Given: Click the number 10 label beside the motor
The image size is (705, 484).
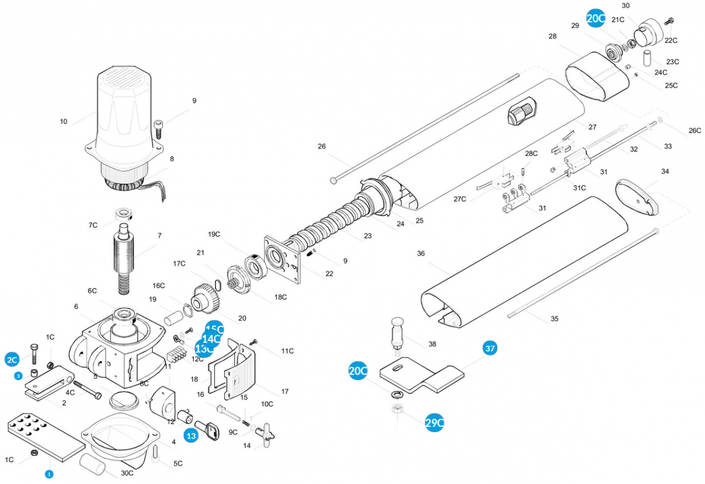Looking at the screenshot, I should pos(64,122).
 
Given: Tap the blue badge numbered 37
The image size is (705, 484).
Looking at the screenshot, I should pos(490,348).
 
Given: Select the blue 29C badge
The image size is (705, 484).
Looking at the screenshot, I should pos(434,423).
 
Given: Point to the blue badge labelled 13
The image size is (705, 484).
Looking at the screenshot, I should pos(191,435).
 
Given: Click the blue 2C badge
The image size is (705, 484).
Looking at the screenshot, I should pos(12,359).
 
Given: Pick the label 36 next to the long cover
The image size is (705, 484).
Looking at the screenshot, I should pos(421,254).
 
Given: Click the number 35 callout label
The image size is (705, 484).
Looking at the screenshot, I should pos(554,319).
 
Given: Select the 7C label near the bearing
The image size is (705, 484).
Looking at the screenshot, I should pos(93,225).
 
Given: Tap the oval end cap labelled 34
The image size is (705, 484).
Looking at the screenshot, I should pos(635,197).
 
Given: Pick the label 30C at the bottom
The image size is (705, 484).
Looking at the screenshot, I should pos(127,473).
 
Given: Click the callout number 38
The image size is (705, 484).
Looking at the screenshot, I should pos(432,344).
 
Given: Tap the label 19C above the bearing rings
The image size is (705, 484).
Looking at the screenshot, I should pos(214,234).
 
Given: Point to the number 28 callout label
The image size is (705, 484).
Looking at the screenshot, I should pos(552,37).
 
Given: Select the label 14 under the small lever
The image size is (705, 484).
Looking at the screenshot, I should pos(247,446).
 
